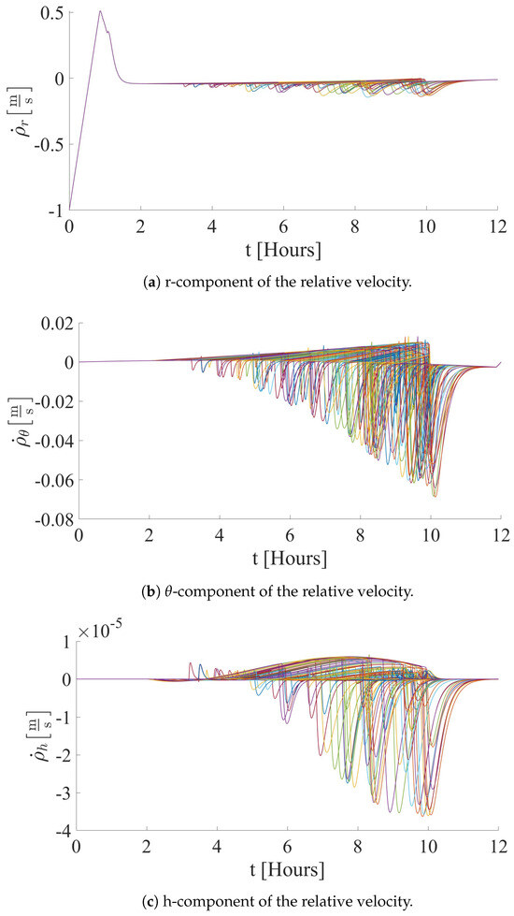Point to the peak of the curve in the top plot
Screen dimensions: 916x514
(x=100, y=12)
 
